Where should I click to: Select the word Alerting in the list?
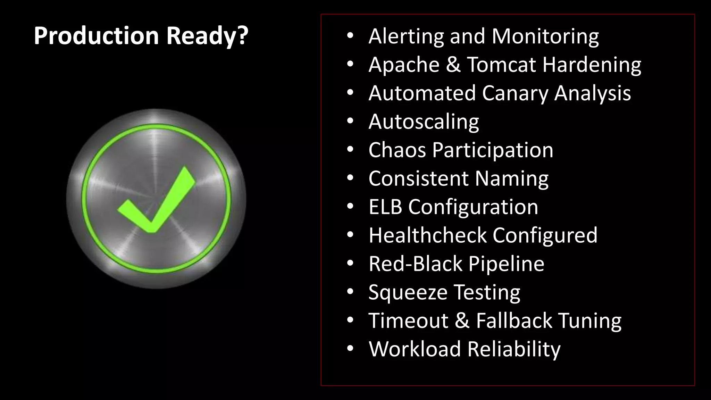[406, 36]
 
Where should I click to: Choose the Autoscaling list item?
[424, 122]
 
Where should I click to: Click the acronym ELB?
[385, 207]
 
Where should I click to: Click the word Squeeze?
[408, 292]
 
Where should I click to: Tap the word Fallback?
[514, 320]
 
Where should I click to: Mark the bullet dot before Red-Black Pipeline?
[350, 264]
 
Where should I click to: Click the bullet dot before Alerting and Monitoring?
[350, 36]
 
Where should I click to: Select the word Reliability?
[514, 349]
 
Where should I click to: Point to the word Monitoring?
[545, 36]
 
